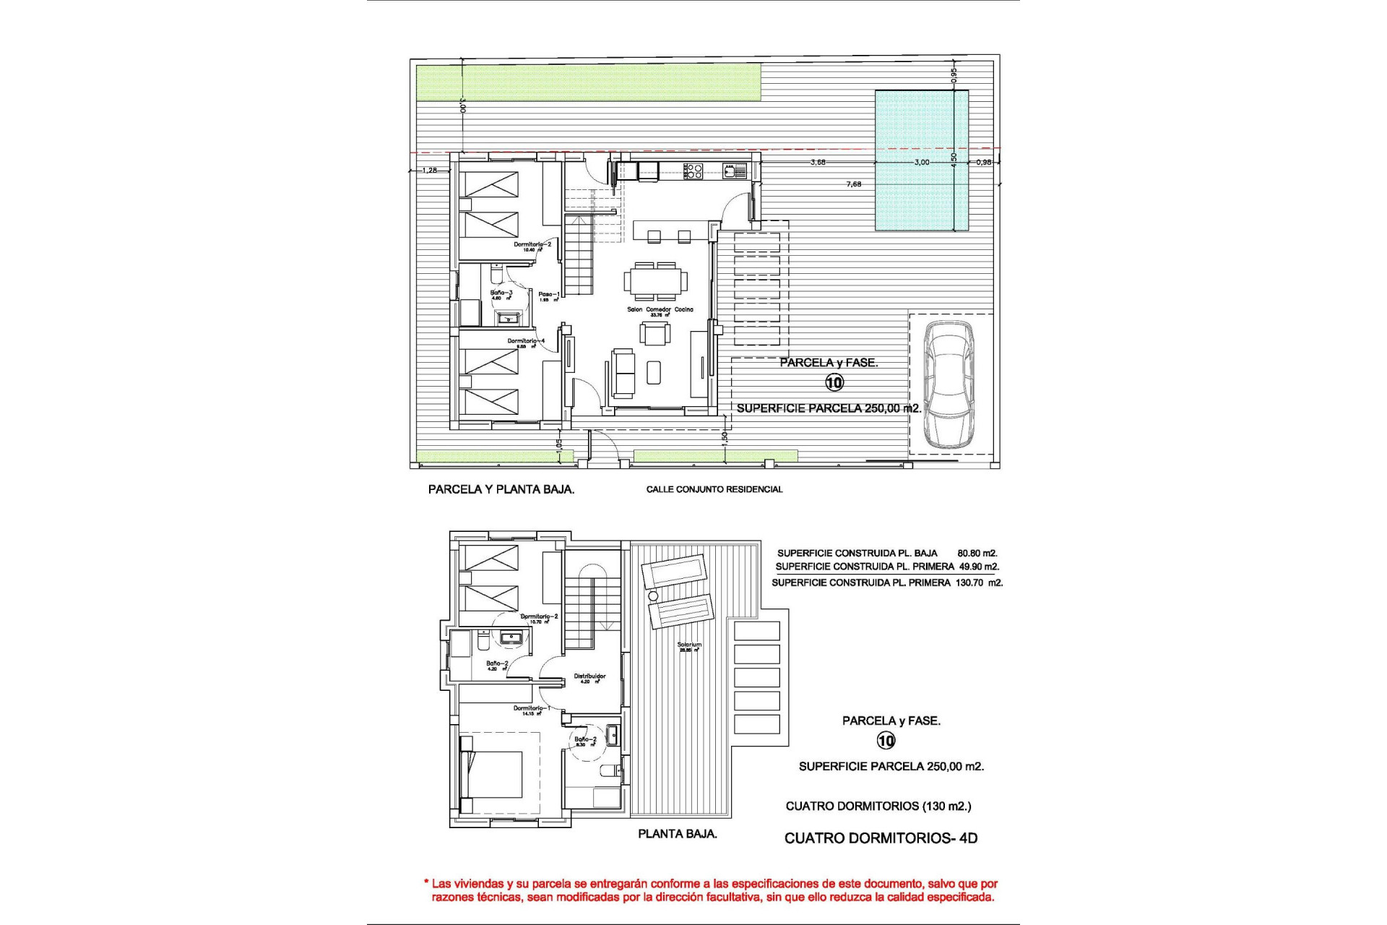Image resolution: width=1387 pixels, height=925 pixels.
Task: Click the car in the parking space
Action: pyautogui.click(x=951, y=384)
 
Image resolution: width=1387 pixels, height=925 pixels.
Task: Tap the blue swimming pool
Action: pyautogui.click(x=922, y=160)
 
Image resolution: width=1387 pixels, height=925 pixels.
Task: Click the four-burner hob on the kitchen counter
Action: pyautogui.click(x=693, y=171)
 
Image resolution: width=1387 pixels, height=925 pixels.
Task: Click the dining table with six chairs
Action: pyautogui.click(x=656, y=281)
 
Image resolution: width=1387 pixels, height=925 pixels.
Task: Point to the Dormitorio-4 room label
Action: pyautogui.click(x=526, y=341)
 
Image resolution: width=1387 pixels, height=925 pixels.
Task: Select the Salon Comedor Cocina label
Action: pyautogui.click(x=660, y=309)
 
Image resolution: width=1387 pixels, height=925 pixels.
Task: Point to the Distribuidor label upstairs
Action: pyautogui.click(x=589, y=677)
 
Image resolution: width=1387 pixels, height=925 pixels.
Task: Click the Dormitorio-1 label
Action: pyautogui.click(x=532, y=708)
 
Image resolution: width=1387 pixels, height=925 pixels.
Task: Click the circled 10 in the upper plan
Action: pyautogui.click(x=834, y=383)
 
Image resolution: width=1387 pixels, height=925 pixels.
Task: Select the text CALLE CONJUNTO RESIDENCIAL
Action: pyautogui.click(x=714, y=489)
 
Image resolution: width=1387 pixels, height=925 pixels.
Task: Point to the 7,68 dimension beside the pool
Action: pyautogui.click(x=853, y=184)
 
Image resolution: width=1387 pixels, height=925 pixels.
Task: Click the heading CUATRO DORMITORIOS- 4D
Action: pyautogui.click(x=881, y=838)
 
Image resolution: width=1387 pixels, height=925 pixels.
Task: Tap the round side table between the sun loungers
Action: pyautogui.click(x=652, y=596)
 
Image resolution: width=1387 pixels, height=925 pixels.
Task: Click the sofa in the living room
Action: pyautogui.click(x=623, y=374)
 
